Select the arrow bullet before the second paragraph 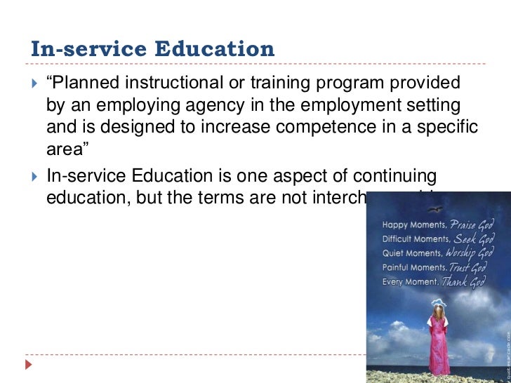(28, 175)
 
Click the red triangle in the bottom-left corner (28, 365)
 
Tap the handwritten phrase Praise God (476, 225)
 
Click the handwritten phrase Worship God (474, 253)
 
